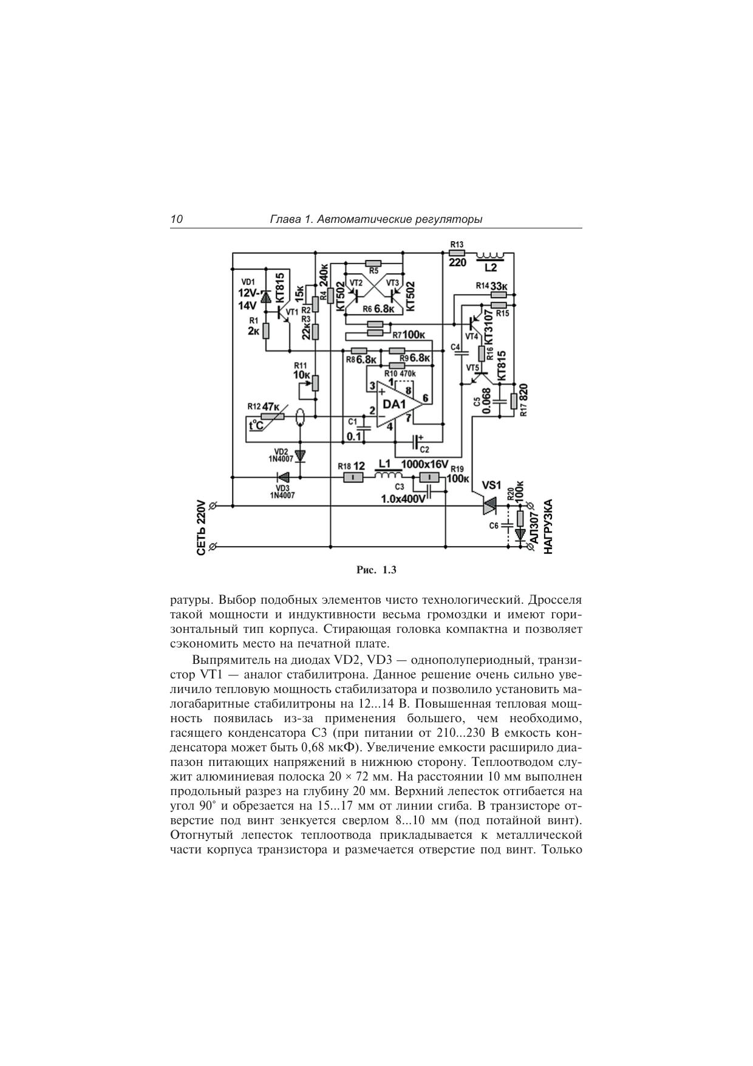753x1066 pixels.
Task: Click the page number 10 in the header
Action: point(177,220)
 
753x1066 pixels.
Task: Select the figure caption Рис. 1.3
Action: point(376,570)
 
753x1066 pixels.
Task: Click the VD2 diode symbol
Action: point(300,455)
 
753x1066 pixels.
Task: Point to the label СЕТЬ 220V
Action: point(202,528)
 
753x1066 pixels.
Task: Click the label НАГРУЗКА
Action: point(548,526)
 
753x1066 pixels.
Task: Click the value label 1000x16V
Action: point(424,464)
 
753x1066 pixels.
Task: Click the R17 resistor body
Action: point(514,401)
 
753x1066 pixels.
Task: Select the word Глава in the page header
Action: point(285,220)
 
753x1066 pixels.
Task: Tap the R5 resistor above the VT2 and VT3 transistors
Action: point(373,263)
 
